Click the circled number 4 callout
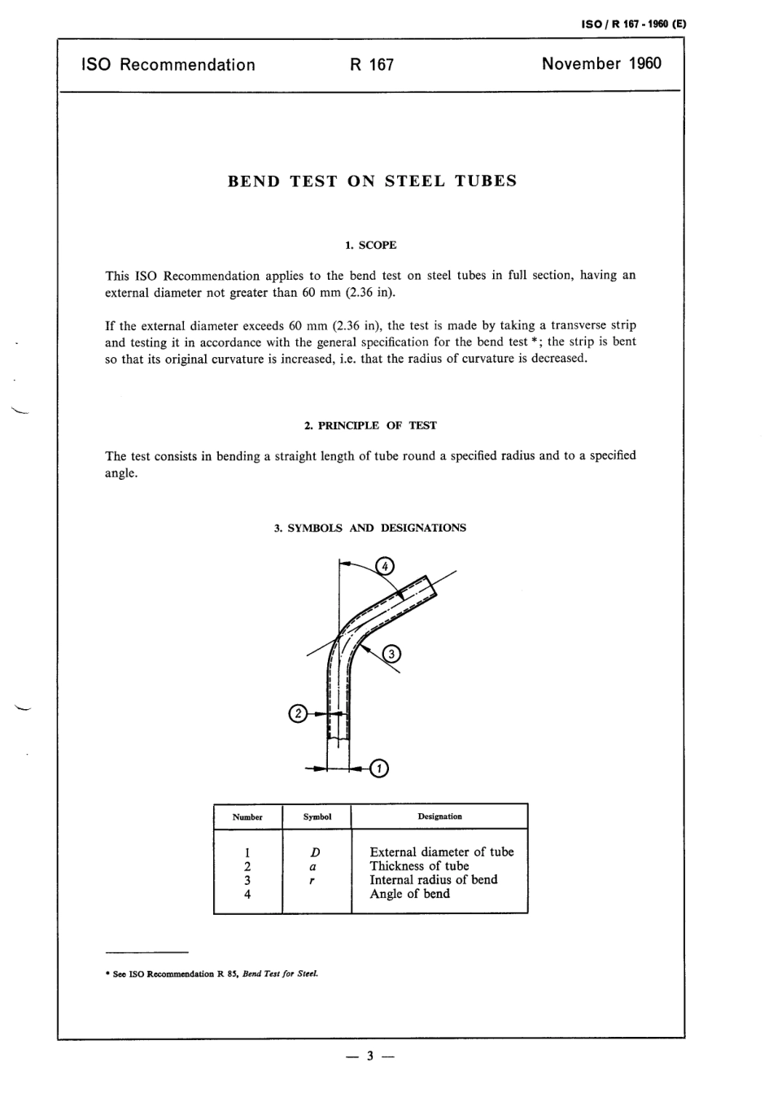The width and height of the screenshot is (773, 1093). click(x=385, y=566)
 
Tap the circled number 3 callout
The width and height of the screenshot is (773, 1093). click(x=391, y=653)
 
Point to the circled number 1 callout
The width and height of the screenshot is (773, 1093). click(x=379, y=768)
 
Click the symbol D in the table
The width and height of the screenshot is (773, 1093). click(x=316, y=852)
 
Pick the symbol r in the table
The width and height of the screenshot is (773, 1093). click(x=313, y=880)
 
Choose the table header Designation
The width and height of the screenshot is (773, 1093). click(x=439, y=816)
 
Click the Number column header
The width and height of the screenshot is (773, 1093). click(x=247, y=817)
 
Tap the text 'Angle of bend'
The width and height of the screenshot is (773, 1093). click(x=409, y=894)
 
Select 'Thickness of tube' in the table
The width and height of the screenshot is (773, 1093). click(x=419, y=866)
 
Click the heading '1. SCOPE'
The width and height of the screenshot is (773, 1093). click(x=371, y=245)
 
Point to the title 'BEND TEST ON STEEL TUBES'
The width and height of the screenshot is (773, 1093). click(x=372, y=181)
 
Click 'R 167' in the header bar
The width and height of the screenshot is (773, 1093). click(x=372, y=65)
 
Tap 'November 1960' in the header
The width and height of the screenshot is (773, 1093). click(x=601, y=64)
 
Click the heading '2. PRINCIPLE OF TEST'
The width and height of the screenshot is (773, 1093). click(x=370, y=425)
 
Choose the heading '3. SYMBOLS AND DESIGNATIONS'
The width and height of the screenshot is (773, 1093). click(x=370, y=528)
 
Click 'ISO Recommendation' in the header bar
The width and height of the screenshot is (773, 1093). click(x=168, y=65)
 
